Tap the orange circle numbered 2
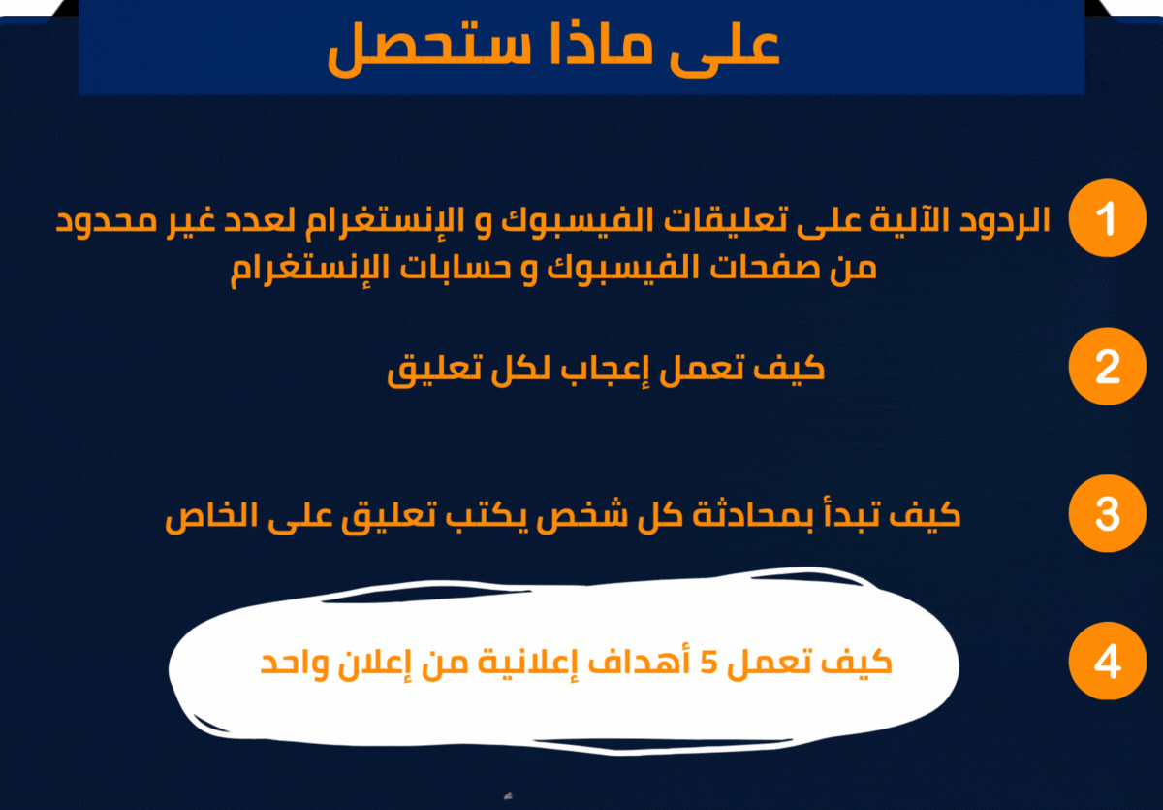(x=1108, y=368)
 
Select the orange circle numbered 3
(x=1108, y=514)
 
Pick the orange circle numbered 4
(x=1108, y=663)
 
